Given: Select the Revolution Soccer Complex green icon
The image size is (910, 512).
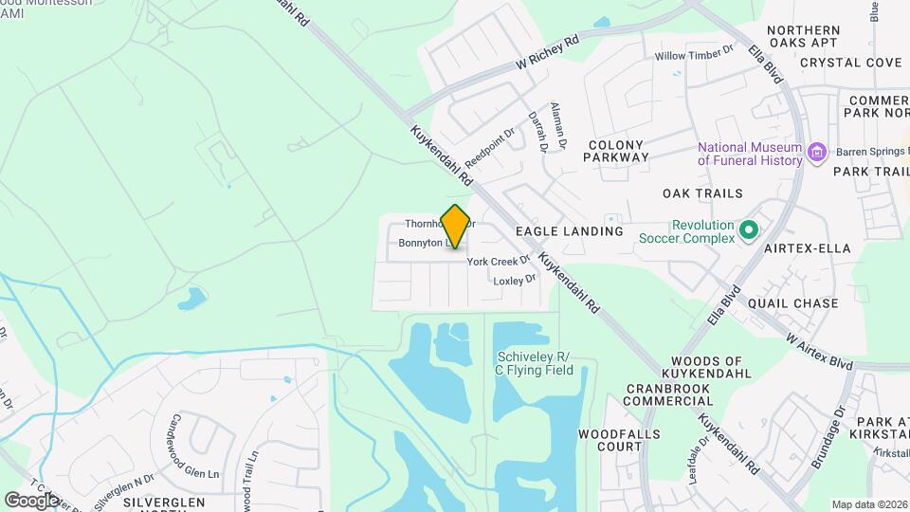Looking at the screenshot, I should click(748, 230).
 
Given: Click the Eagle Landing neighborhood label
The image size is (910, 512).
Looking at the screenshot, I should click(569, 231).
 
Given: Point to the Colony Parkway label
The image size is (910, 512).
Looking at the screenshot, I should click(617, 151).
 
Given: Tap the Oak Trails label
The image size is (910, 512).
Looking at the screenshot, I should click(702, 193).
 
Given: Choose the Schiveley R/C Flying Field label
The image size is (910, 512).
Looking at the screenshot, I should click(535, 363).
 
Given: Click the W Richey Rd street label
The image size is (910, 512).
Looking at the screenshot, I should click(547, 54).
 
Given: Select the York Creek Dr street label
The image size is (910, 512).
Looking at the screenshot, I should click(498, 261).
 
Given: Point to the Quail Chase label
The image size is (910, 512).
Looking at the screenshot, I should click(792, 303).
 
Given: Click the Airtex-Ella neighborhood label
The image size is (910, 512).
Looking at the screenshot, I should click(808, 248).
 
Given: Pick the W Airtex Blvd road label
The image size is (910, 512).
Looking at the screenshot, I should click(820, 350).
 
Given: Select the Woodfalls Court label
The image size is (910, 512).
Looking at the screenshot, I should click(610, 439).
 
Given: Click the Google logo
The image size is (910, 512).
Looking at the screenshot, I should click(31, 500).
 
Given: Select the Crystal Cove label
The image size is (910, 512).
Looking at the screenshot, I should click(850, 63).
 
